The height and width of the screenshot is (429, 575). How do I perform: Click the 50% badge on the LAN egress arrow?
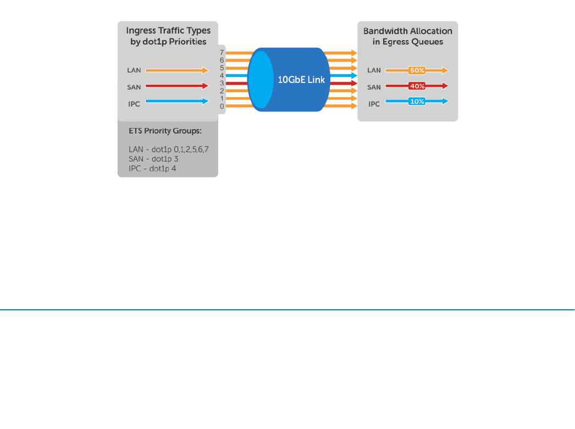(417, 70)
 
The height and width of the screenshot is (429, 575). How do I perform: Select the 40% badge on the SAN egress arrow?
(417, 86)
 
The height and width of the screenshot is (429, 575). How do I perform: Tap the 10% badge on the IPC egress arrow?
(417, 102)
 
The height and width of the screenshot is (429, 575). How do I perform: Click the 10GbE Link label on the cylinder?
(301, 80)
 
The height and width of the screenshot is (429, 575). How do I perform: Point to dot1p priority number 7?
(222, 52)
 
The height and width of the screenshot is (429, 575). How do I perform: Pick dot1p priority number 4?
(222, 75)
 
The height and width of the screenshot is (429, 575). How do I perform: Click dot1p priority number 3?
(222, 83)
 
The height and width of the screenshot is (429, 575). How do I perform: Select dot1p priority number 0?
(222, 106)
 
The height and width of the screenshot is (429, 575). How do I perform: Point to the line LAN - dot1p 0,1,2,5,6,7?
(169, 149)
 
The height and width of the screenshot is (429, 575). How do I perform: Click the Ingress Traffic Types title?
(168, 36)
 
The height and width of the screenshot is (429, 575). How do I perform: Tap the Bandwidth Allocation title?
(408, 36)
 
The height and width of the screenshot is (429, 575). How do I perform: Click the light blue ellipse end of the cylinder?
(261, 80)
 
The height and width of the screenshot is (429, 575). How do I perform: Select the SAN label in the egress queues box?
(374, 87)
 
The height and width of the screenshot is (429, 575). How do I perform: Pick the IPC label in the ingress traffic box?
(134, 104)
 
